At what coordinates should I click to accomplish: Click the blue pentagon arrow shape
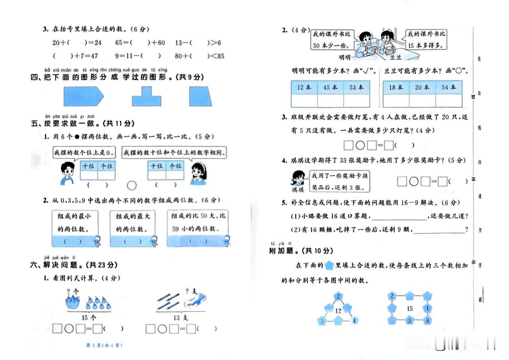click(83, 96)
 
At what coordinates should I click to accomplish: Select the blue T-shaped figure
click(147, 96)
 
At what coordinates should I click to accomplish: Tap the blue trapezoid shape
click(201, 96)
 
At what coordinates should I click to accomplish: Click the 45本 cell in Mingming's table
click(330, 88)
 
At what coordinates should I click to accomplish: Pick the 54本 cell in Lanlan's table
click(448, 88)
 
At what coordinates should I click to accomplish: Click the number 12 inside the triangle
click(338, 310)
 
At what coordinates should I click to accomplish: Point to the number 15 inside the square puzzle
click(410, 308)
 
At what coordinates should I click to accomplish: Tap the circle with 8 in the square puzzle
click(427, 321)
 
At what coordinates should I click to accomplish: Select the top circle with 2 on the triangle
click(338, 296)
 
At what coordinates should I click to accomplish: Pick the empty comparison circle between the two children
click(132, 185)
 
